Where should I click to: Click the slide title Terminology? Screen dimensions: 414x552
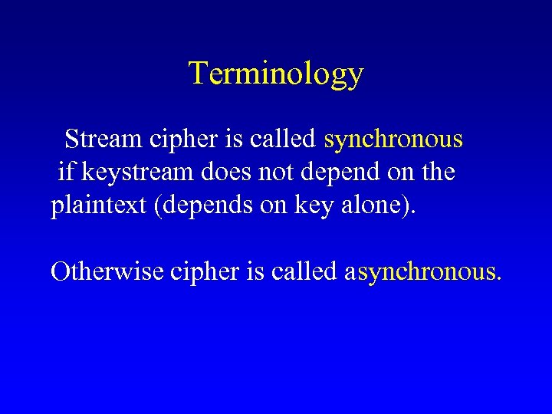(x=275, y=74)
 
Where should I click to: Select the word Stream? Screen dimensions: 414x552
(x=97, y=140)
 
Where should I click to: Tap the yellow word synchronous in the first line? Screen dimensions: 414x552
(x=393, y=140)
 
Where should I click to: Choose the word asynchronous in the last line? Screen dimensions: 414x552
(x=424, y=272)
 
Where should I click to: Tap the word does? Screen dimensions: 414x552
(x=225, y=173)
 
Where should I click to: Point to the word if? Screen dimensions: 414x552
(x=67, y=173)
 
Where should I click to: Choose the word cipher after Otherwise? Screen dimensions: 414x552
(x=202, y=271)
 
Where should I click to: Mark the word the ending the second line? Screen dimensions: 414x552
(x=439, y=173)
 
